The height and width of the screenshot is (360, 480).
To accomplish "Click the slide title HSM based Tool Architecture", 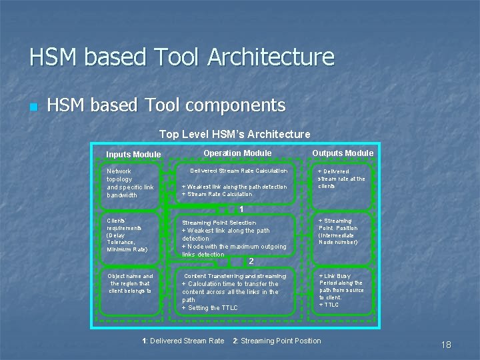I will pos(181,57).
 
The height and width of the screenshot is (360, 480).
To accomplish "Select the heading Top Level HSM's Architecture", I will pos(235,135).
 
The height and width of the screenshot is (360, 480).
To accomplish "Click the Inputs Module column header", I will pos(133,155).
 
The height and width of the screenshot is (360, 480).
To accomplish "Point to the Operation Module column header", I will pos(237,153).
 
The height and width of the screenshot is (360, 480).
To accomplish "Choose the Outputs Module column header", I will pos(343,153).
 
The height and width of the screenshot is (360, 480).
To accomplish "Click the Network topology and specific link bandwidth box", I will pos(130,183).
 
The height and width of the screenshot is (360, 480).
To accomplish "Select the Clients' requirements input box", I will pos(130,235).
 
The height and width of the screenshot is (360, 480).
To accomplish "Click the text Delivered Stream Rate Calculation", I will pos(239,171).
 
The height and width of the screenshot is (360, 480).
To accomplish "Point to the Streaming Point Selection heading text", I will pos(219,223).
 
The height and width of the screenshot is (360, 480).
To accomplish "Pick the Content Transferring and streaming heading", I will pos(235,276).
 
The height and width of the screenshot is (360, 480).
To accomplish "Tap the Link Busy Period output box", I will pos(342,290).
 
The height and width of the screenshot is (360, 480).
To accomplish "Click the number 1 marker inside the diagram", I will pos(241,209).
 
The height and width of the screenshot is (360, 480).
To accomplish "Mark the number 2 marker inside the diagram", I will pos(251,261).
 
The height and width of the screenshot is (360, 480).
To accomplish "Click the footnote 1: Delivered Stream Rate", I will pos(183,341).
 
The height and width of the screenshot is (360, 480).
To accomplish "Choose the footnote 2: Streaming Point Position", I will pos(277,341).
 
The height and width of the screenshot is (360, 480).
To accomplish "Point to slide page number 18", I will pos(446,345).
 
